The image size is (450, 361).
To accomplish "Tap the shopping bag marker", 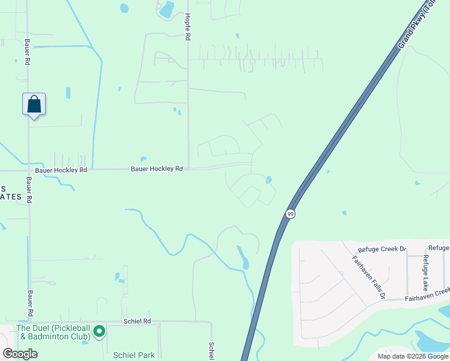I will (34, 104).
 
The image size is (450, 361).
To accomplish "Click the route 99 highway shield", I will (290, 214).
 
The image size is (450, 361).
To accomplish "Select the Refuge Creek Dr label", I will (383, 249).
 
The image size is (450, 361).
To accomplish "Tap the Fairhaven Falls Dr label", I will (369, 277).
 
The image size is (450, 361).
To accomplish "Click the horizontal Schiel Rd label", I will (137, 321).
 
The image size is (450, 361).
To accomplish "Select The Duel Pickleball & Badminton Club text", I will (53, 332).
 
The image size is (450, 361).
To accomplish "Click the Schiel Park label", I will (134, 355).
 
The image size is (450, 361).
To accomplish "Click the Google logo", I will (20, 354).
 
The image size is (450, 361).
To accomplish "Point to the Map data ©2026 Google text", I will (412, 356).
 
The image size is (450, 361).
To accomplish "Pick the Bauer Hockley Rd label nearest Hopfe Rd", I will (156, 169).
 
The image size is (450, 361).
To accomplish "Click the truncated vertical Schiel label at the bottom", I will (212, 351).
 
